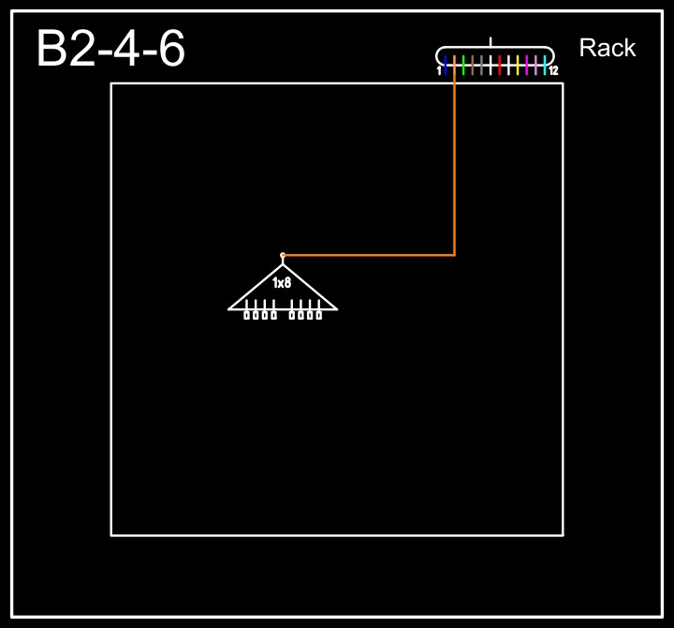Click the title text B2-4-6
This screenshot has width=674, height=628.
[x=110, y=49]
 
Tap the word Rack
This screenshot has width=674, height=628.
[x=607, y=48]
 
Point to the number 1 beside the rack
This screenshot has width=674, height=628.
[x=439, y=70]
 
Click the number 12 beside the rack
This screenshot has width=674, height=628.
[x=553, y=70]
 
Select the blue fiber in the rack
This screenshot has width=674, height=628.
[x=446, y=64]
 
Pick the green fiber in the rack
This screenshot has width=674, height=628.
[x=463, y=64]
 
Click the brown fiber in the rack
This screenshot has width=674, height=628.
[x=473, y=64]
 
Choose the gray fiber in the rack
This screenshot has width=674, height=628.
[x=481, y=64]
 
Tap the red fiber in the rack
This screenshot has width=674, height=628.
[x=500, y=64]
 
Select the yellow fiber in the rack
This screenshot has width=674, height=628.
[x=518, y=64]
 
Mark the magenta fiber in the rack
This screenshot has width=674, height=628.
[x=527, y=64]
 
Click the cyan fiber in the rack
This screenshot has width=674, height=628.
[x=545, y=64]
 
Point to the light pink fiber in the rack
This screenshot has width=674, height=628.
[x=535, y=64]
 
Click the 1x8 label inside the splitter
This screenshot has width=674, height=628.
[x=282, y=282]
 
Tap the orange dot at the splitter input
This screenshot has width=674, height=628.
[x=283, y=255]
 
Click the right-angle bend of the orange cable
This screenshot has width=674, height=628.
[x=454, y=254]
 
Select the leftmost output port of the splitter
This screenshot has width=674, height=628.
[x=246, y=315]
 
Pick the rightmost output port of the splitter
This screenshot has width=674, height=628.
[x=319, y=315]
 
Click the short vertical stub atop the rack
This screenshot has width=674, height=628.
[x=491, y=42]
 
